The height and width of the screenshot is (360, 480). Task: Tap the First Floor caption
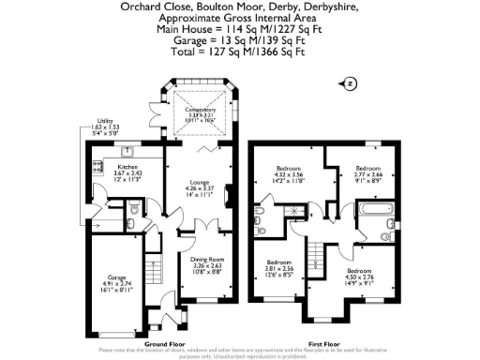[x=317, y=344]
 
